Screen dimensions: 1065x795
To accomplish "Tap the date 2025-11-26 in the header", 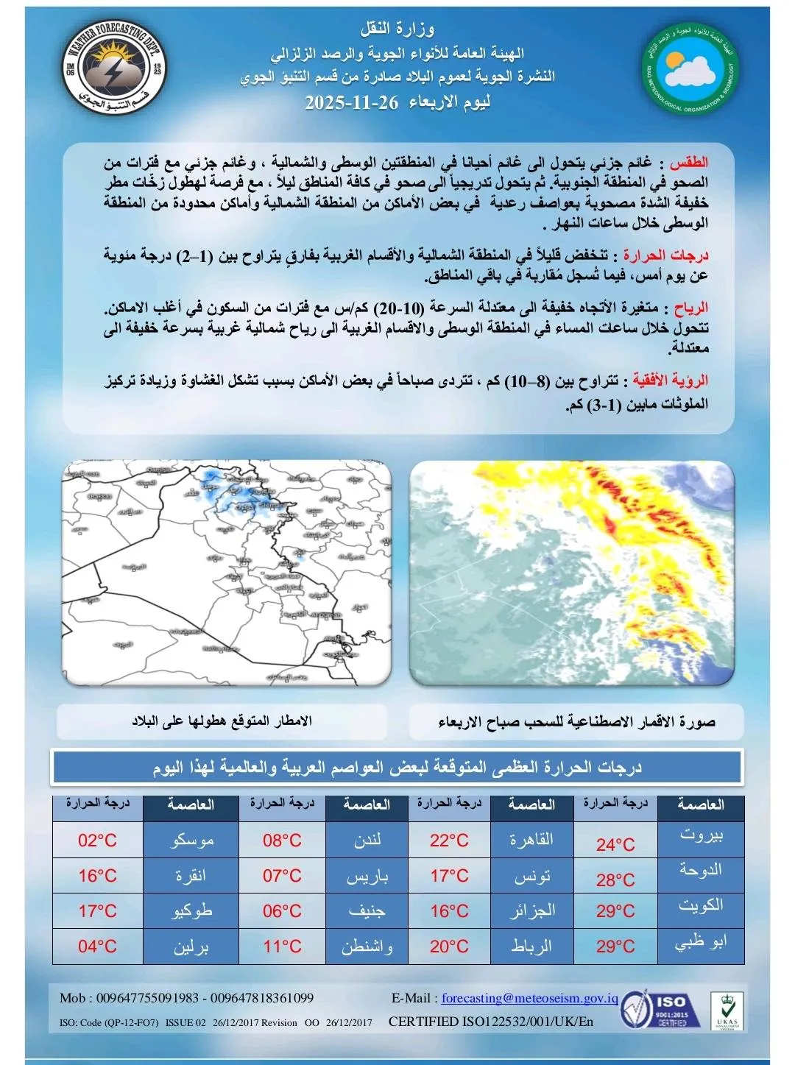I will [x=351, y=102].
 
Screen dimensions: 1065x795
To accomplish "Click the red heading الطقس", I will [x=689, y=163].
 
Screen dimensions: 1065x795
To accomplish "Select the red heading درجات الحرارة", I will [x=665, y=255].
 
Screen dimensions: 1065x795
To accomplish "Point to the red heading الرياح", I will [x=690, y=308].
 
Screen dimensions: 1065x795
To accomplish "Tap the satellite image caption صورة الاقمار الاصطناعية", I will [x=576, y=722].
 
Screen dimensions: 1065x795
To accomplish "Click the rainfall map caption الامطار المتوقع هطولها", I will [x=222, y=721].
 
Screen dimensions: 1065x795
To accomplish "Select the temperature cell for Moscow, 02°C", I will [x=98, y=841].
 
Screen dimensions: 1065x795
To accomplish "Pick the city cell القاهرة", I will [x=531, y=840].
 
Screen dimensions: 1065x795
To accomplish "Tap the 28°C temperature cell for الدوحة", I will [x=615, y=880].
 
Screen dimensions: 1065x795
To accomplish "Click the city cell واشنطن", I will [x=367, y=947].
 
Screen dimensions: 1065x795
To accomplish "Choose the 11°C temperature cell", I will [x=283, y=947].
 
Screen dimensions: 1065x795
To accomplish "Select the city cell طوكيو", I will [x=191, y=911].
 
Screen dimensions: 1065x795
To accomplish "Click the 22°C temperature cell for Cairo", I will [x=449, y=841].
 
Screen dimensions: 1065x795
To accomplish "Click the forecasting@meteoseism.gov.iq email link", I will [x=529, y=998].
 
